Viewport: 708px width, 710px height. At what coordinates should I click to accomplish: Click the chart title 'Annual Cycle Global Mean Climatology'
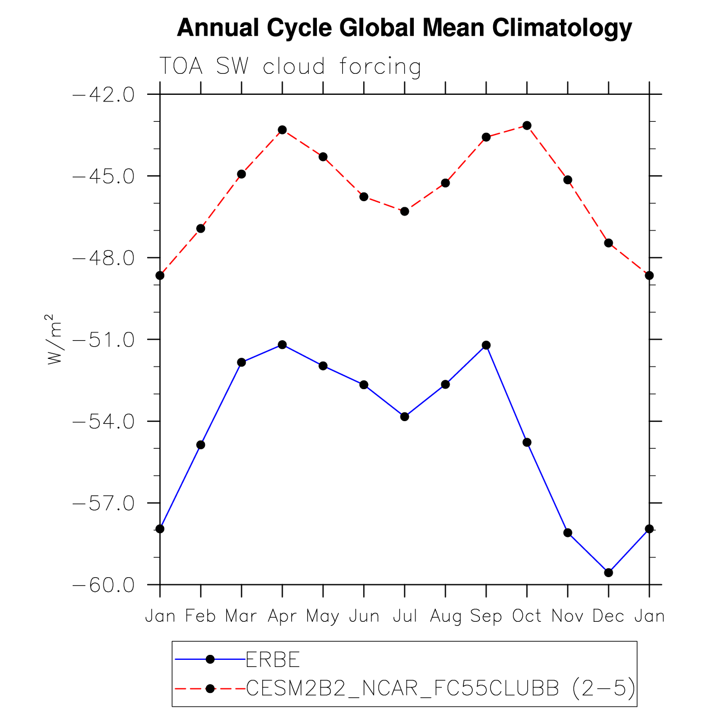tap(404, 28)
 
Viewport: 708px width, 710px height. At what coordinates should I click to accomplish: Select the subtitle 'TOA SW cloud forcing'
tap(290, 67)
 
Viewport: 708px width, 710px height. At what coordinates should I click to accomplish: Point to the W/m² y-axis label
tap(53, 340)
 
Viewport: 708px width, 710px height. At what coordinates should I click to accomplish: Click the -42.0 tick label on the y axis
tap(104, 95)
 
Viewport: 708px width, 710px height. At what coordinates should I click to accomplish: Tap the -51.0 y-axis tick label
tap(104, 340)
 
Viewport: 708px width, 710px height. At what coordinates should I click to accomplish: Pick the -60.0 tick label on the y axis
tap(104, 585)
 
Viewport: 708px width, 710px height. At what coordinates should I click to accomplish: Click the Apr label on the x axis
tap(282, 616)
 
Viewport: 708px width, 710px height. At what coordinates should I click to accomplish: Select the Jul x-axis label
tap(404, 616)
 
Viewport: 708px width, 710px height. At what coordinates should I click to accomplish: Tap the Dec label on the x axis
tap(608, 616)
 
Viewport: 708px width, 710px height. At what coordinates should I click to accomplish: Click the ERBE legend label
tap(273, 659)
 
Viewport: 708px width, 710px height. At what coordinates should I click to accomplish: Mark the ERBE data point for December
tap(608, 573)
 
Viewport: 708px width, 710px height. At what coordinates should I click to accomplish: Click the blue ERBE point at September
tap(486, 345)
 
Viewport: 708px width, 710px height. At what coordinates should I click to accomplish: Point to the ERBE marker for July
tap(404, 417)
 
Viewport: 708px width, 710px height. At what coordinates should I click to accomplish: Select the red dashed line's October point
tap(527, 126)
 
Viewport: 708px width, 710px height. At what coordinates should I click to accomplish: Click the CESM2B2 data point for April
tap(282, 130)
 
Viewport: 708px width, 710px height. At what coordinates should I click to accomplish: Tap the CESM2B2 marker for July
tap(404, 211)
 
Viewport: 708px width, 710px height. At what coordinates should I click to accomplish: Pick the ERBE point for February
tap(201, 445)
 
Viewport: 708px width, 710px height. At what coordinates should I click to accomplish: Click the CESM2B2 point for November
tap(568, 180)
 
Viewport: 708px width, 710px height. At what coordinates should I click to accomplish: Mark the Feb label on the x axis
tap(201, 616)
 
